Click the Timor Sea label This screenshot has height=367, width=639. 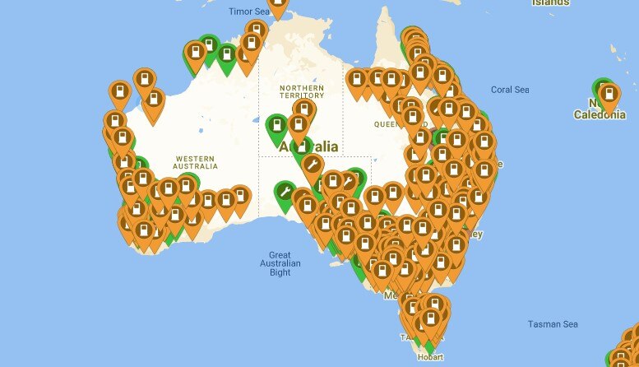click(x=248, y=12)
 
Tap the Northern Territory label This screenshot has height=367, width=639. click(x=301, y=91)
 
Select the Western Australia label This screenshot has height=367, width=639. click(x=196, y=161)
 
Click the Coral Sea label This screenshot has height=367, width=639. click(x=509, y=90)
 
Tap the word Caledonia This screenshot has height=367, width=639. click(x=600, y=115)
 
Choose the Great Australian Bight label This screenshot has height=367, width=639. click(x=280, y=263)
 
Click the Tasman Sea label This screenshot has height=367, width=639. click(x=553, y=324)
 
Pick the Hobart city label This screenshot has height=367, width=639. click(x=430, y=358)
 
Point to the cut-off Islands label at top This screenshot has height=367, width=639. click(x=550, y=2)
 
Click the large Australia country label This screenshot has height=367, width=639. click(x=309, y=146)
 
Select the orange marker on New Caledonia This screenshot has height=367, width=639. click(x=609, y=96)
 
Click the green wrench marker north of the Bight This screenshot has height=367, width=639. click(x=285, y=193)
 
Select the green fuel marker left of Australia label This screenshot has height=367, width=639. click(x=277, y=127)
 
